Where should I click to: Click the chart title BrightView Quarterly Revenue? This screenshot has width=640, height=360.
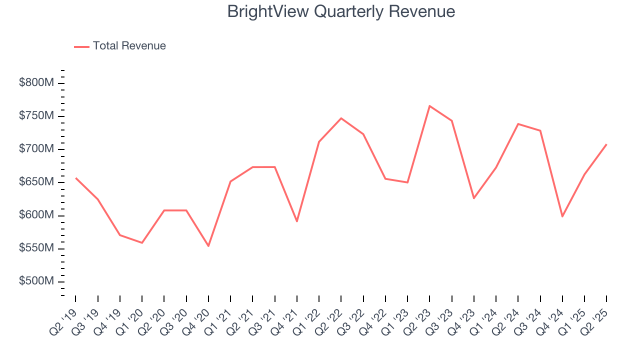pos(341,11)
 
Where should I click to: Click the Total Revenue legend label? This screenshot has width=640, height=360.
pos(129,46)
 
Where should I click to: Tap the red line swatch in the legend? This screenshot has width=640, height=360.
pos(81,46)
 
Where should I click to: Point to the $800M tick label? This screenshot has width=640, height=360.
pos(36,83)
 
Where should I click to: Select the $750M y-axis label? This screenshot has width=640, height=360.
pos(36,116)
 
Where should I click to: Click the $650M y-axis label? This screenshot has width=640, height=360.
pos(36,182)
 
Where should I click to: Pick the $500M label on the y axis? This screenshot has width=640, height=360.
pos(36,281)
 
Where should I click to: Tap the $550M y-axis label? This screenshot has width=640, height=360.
pos(36,248)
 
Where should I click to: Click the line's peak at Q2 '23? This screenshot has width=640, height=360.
pos(429,106)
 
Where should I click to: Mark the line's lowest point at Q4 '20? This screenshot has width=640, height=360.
pos(208,246)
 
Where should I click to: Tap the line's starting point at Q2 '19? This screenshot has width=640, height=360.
pos(76,178)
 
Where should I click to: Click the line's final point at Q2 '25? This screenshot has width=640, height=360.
pos(606,144)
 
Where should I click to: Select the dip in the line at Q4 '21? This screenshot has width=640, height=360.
pos(297,221)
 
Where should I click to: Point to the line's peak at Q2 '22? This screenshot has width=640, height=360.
pos(341,118)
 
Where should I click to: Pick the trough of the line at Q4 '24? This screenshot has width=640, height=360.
pos(562,216)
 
